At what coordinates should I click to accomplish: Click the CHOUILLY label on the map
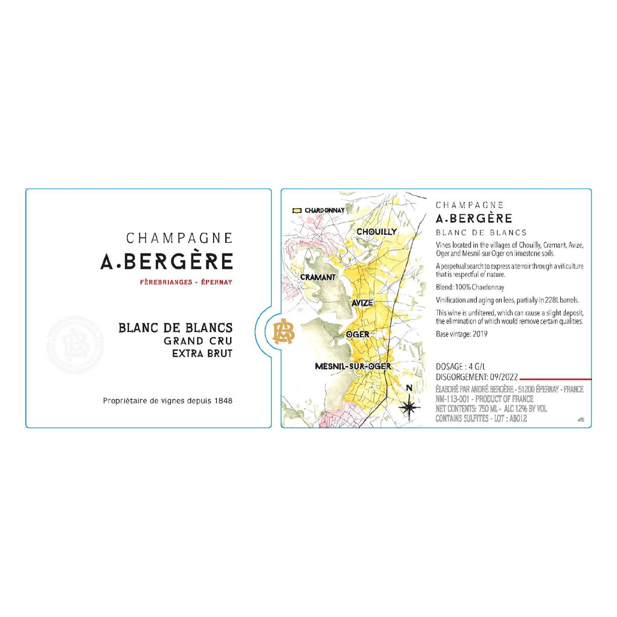pos(376,232)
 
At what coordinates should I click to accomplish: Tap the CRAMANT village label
pos(318,277)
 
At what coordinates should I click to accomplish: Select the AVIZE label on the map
pos(362,303)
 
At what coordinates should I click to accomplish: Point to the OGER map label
pos(358,334)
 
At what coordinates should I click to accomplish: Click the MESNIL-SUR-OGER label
pos(353,366)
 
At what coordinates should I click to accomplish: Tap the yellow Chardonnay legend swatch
pos(297,211)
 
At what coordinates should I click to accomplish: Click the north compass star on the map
pos(409,407)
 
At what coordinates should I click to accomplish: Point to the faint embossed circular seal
pos(75,345)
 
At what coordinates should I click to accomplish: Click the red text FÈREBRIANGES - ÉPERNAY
pos(186,282)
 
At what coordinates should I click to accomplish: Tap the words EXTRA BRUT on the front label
pos(202,353)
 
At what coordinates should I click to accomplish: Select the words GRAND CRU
pos(198,341)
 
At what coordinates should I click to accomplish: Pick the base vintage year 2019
pos(480,334)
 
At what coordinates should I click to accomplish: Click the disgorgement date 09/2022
pos(504,377)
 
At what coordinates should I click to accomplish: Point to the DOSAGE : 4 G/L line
pos(460,367)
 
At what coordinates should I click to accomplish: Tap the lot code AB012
pos(518,419)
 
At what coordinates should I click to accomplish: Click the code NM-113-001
pos(452,399)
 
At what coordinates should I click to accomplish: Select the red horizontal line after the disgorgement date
pos(555,379)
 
